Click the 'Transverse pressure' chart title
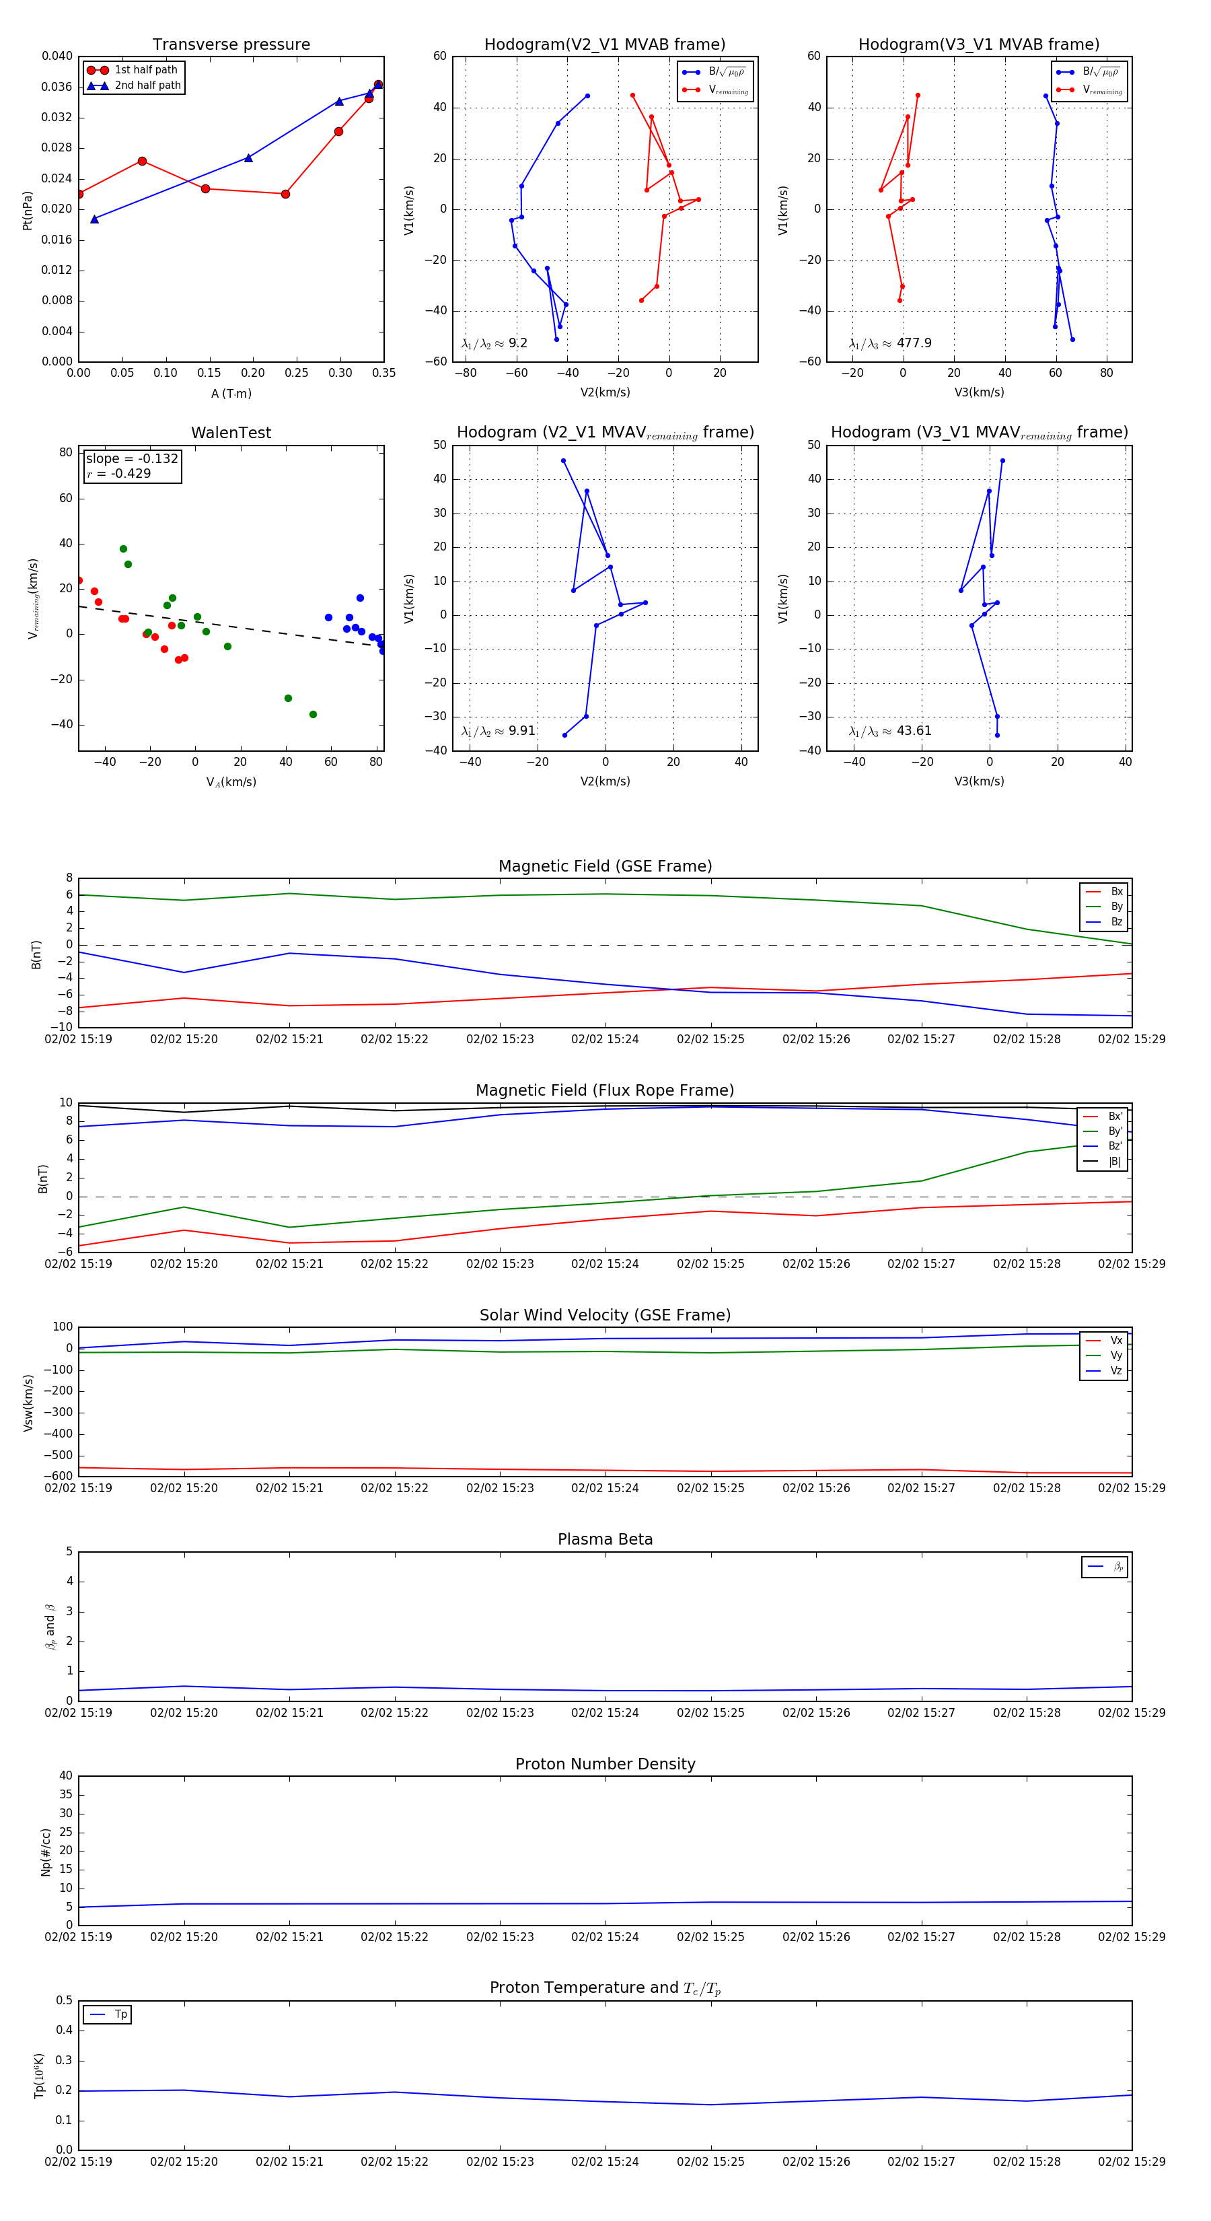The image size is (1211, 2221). (231, 45)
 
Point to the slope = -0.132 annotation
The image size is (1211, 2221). (132, 459)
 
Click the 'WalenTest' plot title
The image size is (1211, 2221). (231, 433)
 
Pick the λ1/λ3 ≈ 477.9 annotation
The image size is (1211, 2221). (889, 343)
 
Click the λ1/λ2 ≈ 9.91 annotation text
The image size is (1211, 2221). (498, 731)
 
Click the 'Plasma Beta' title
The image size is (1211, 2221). (605, 1540)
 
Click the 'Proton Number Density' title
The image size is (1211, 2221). (605, 1764)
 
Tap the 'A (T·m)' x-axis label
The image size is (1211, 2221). (231, 394)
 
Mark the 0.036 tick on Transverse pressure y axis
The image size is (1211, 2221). (57, 87)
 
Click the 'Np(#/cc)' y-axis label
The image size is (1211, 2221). (46, 1852)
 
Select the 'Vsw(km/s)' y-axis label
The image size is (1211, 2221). (28, 1403)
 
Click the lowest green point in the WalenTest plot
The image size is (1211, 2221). (313, 715)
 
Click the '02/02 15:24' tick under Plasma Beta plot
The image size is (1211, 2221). (605, 1713)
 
